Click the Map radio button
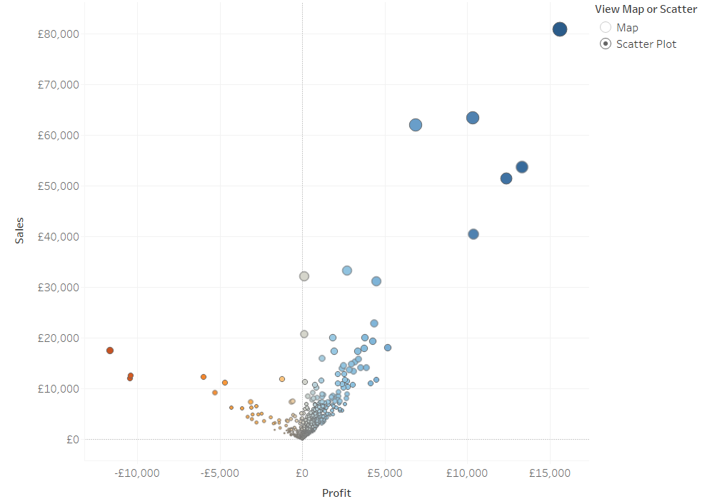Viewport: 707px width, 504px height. pos(606,27)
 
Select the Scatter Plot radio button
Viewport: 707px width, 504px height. pos(606,44)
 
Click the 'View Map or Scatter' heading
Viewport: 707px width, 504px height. pos(646,9)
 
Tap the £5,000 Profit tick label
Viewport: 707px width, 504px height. pos(385,473)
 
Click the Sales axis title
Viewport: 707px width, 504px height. pos(20,231)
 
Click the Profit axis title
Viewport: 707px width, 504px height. pos(336,493)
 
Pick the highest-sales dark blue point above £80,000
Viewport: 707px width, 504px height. pos(560,29)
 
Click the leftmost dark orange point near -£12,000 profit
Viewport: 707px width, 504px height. pos(110,351)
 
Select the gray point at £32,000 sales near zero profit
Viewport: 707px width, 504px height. pos(304,276)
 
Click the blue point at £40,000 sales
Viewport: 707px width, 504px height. pos(473,234)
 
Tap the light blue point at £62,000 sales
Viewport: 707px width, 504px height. pos(416,125)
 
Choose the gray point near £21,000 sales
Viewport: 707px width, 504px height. pos(304,334)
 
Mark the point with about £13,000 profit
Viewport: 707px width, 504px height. pos(522,167)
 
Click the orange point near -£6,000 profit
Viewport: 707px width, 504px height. pos(204,377)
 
